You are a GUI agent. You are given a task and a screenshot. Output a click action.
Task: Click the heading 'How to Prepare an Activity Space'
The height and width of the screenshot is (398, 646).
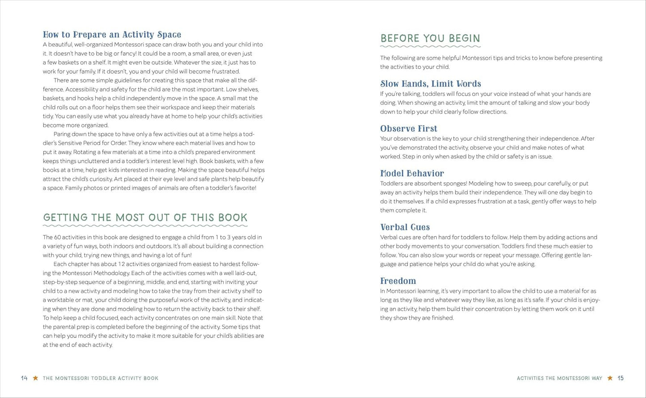[x=112, y=34]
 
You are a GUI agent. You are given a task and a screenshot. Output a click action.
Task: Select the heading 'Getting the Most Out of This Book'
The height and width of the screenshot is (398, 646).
[x=145, y=218]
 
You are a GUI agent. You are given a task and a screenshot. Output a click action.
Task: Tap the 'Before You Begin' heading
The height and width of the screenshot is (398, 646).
[x=430, y=38]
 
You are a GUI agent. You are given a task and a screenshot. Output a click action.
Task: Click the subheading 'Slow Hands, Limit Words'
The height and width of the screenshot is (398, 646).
[x=431, y=84]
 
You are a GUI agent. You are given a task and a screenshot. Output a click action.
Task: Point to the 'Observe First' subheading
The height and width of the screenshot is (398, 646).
[x=409, y=129]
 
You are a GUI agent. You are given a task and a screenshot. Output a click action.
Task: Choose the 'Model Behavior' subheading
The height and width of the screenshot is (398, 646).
[x=412, y=173]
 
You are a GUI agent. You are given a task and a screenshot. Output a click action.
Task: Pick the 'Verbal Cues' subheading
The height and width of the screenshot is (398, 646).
[x=405, y=227]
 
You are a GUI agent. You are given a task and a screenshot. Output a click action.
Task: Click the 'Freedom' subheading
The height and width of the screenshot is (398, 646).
[x=398, y=281]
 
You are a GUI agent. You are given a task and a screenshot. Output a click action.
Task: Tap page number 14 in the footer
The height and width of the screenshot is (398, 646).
[x=24, y=378]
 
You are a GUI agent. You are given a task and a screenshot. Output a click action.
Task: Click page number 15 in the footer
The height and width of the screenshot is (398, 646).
[x=621, y=378]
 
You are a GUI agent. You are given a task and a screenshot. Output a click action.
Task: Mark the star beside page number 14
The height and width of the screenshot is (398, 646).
[x=35, y=378]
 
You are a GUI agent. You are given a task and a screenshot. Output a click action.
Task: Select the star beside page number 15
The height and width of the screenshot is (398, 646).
[x=610, y=378]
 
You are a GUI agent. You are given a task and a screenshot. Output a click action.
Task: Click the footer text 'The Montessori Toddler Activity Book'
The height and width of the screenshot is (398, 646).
[x=101, y=378]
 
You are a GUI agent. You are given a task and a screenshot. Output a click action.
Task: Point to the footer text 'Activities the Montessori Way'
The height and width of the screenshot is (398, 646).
[x=559, y=378]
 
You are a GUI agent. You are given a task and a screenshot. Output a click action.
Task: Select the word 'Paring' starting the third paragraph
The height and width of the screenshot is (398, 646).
[x=63, y=134]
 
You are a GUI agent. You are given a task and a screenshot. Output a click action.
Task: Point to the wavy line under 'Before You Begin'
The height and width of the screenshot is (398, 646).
[x=430, y=46]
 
